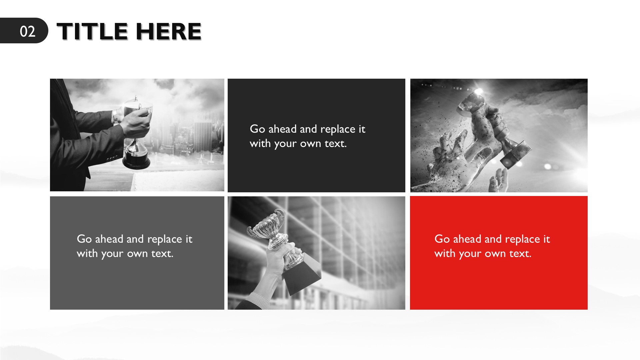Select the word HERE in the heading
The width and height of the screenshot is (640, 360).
pos(169,31)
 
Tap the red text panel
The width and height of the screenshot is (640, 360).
pos(499,253)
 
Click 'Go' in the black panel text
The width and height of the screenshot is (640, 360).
pos(257,129)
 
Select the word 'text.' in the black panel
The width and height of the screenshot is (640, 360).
pos(336,144)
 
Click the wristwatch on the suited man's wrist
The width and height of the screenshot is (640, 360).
pos(115,117)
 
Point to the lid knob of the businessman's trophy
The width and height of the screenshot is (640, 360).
pos(136,99)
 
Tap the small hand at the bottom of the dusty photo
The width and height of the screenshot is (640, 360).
pos(498,180)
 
